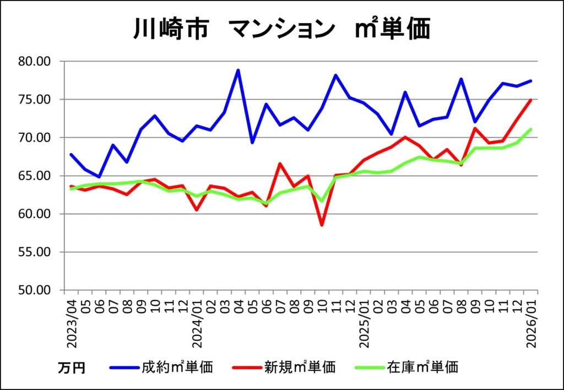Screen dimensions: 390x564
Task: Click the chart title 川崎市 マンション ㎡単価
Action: click(281, 29)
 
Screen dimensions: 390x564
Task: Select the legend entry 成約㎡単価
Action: click(177, 367)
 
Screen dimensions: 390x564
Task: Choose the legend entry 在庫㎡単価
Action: click(422, 367)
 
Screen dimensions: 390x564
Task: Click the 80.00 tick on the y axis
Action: click(35, 61)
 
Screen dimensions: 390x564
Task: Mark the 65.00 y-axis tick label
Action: click(35, 176)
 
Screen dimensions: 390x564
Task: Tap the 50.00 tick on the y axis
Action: click(35, 290)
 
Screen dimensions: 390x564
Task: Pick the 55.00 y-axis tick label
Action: click(35, 252)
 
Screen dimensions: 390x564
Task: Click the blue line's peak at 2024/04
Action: click(238, 70)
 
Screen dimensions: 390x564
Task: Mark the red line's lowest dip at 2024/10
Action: click(322, 225)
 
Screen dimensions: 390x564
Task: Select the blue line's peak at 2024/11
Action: click(335, 75)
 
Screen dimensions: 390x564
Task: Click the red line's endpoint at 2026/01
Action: click(530, 100)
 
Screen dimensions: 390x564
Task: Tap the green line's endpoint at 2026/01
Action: click(530, 129)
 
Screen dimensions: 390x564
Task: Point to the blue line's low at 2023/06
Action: click(99, 177)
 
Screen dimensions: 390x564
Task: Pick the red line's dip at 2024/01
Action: click(197, 210)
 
